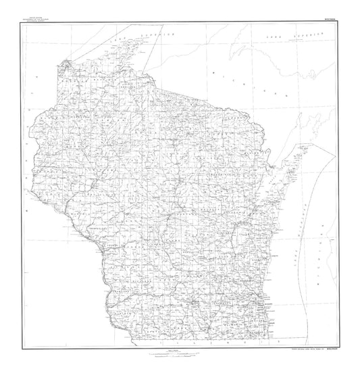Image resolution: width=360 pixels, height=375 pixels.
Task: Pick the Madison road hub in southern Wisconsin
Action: coord(195,301)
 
